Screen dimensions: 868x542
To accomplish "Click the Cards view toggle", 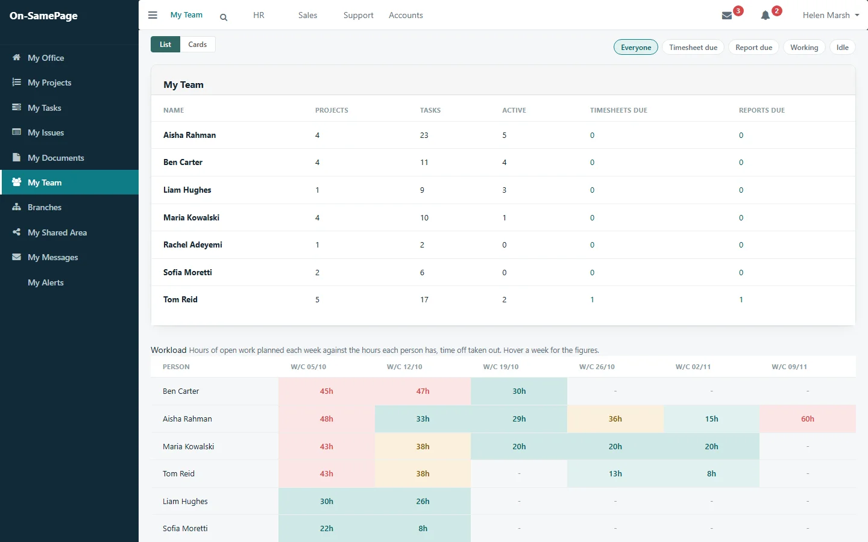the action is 197,44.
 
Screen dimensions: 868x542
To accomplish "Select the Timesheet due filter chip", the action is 693,47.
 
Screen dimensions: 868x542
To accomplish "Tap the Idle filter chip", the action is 842,47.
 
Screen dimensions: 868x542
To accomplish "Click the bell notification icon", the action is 765,16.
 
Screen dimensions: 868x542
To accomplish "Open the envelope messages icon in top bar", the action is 726,16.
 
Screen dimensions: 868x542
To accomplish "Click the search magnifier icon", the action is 224,17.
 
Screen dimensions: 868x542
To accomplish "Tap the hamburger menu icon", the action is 153,15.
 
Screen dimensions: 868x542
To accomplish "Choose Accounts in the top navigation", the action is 406,15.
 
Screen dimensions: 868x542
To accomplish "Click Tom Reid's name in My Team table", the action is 180,299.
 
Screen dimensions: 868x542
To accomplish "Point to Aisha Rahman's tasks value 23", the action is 424,135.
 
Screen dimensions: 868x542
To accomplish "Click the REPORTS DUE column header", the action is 761,110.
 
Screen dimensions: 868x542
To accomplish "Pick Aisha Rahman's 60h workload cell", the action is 808,419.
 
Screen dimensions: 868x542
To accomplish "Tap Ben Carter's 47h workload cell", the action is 423,391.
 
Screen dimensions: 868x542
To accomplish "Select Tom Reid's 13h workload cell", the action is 615,473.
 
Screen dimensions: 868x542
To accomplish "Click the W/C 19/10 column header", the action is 501,367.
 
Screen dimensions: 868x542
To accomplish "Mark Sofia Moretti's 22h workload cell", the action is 326,529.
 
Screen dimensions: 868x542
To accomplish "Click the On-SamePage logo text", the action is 43,16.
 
